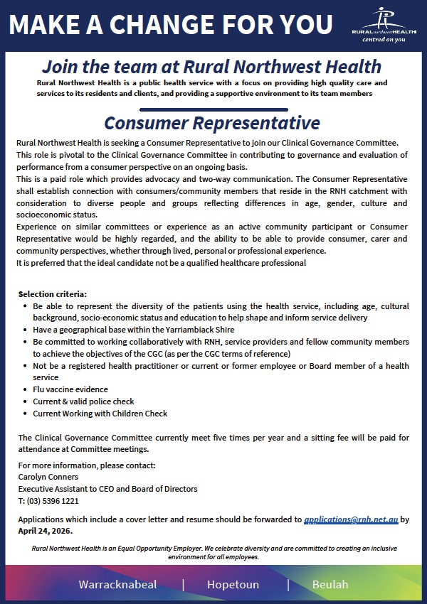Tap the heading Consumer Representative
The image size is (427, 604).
pyautogui.click(x=211, y=123)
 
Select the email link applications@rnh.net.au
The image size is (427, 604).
pyautogui.click(x=351, y=519)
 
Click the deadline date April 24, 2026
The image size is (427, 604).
pyautogui.click(x=45, y=530)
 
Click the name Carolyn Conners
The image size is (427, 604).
pyautogui.click(x=48, y=477)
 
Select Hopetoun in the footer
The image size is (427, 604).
pyautogui.click(x=233, y=585)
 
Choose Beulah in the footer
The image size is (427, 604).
pyautogui.click(x=330, y=585)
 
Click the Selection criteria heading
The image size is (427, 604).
pyautogui.click(x=53, y=293)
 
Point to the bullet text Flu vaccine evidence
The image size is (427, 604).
pyautogui.click(x=70, y=389)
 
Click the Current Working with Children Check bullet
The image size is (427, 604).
pyautogui.click(x=100, y=413)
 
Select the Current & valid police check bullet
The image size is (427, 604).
pyautogui.click(x=83, y=401)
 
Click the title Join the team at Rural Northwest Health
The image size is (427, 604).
pyautogui.click(x=211, y=68)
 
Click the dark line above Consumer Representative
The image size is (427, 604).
pyautogui.click(x=211, y=109)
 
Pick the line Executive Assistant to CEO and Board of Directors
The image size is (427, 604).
pyautogui.click(x=107, y=489)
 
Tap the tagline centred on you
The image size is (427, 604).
pyautogui.click(x=384, y=40)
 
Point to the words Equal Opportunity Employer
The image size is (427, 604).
pyautogui.click(x=157, y=549)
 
